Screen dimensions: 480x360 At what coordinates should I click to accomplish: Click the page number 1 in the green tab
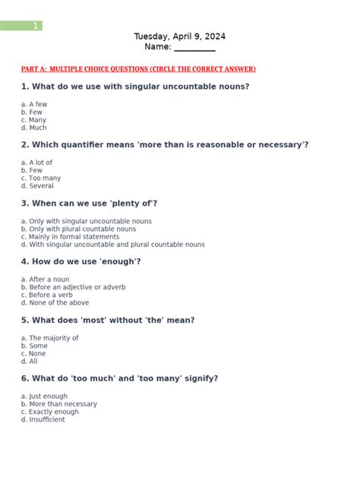pos(35,26)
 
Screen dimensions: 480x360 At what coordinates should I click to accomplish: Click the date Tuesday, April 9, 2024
pos(179,36)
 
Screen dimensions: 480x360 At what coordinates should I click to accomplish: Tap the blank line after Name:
pos(195,48)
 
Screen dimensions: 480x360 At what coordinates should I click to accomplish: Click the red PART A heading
pos(138,69)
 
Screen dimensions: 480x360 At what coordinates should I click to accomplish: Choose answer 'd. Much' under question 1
pos(34,128)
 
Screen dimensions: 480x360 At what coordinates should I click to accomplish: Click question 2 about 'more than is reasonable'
pos(165,145)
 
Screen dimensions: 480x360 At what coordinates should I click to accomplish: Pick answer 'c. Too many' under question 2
pos(41,178)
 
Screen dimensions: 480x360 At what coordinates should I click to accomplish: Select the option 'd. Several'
pos(37,186)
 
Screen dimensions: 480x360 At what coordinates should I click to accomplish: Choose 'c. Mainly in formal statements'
pos(70,237)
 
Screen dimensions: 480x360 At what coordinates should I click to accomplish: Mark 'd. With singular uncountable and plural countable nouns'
pos(112,245)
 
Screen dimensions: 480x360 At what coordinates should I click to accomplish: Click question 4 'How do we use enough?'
pos(81,262)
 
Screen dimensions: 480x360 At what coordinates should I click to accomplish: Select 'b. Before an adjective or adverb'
pos(73,287)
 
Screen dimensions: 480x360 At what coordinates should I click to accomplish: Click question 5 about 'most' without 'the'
pos(108,321)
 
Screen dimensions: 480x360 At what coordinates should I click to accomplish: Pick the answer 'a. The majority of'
pos(49,338)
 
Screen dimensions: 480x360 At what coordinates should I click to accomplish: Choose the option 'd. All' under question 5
pos(29,362)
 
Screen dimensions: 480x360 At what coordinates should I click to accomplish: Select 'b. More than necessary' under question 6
pos(59,404)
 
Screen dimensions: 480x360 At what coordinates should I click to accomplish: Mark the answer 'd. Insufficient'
pos(43,420)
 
